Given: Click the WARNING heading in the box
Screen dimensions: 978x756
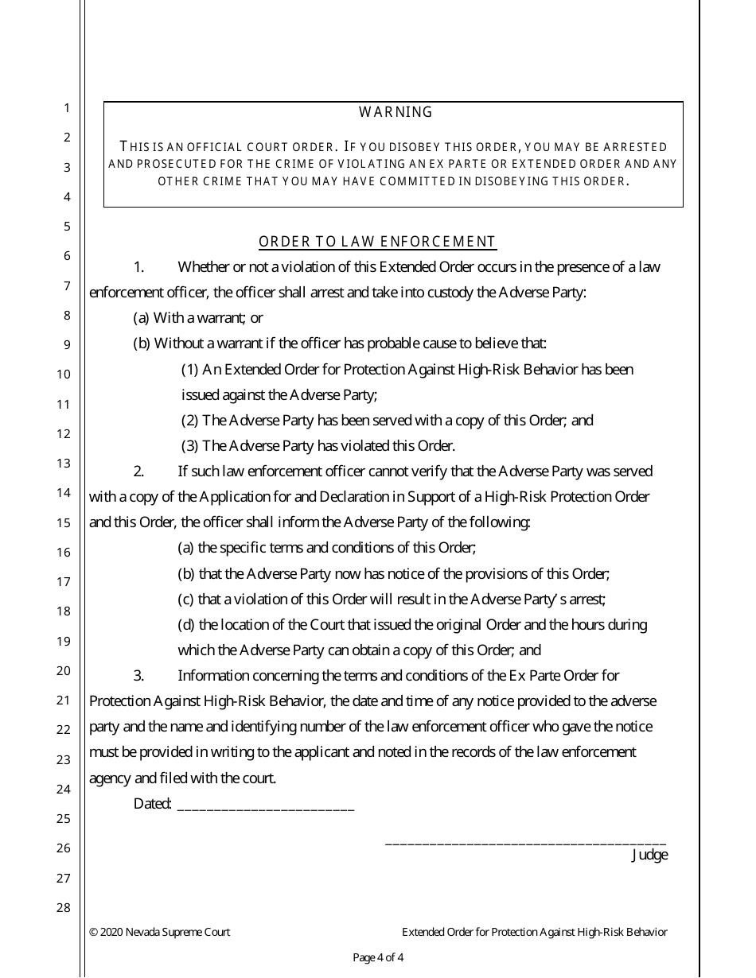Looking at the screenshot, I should point(396,112).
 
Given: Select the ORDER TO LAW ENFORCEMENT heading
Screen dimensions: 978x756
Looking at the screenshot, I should point(377,242).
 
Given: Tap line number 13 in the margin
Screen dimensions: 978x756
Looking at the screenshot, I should point(64,463).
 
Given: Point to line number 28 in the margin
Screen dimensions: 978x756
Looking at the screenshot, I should point(64,907).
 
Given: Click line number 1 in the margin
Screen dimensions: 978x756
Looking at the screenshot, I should point(67,108).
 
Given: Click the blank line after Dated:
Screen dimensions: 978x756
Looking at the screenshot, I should point(265,805).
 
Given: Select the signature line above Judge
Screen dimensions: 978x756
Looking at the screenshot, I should point(525,841).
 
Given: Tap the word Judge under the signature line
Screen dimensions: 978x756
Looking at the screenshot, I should point(649,856).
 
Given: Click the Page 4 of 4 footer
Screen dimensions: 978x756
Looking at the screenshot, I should point(378,957).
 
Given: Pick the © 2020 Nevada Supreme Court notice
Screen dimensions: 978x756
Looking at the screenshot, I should point(160,932).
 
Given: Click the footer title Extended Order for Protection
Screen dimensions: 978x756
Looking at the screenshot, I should point(534,932).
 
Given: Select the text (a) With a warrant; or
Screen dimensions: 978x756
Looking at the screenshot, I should point(198,318).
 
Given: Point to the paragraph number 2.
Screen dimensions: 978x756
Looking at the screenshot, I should point(138,472).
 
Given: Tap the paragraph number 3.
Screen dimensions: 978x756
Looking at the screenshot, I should point(138,676).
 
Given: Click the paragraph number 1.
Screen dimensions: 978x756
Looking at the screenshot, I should point(138,267).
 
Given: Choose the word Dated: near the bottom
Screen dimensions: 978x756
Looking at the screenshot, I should point(153,804).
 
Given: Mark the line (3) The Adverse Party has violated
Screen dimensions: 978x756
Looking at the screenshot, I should point(318,446).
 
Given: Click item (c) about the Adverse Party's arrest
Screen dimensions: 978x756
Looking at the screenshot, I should point(392,600).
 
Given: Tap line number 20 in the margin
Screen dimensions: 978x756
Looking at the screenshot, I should point(64,670).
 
